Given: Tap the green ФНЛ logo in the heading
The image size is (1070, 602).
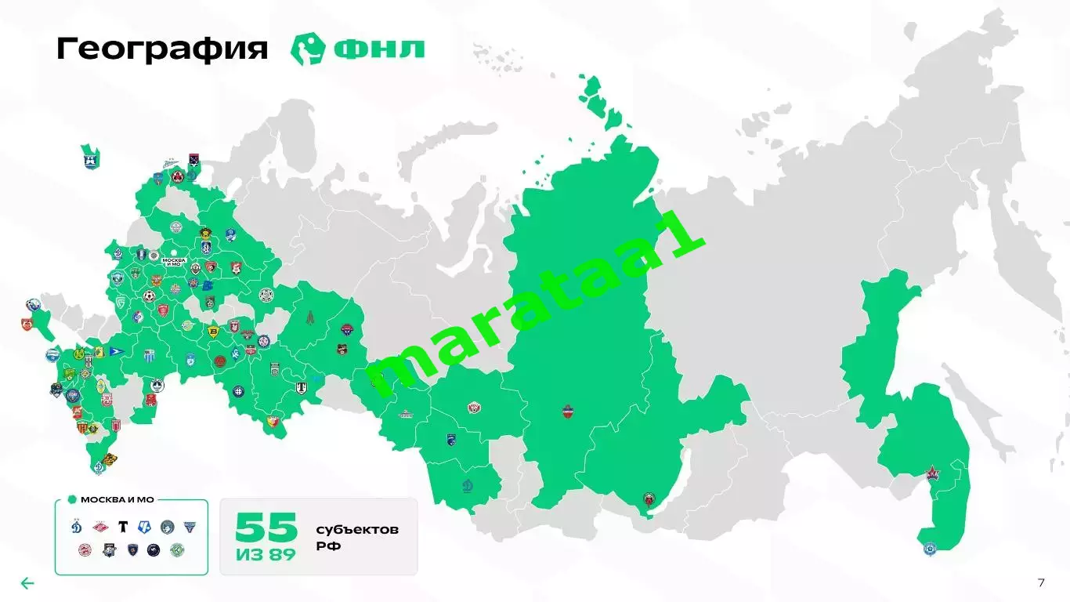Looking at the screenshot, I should (358, 49).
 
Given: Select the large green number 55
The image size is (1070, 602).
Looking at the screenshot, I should (266, 527).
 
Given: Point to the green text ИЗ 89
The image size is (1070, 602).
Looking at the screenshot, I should (266, 555).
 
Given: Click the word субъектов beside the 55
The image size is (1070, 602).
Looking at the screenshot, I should (357, 530).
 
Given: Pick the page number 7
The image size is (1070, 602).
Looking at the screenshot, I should (1041, 582).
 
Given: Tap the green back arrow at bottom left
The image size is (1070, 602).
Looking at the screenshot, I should (27, 583).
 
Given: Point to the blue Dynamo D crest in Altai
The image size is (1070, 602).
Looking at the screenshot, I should (468, 482).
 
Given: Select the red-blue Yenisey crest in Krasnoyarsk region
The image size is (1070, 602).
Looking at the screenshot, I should (568, 410).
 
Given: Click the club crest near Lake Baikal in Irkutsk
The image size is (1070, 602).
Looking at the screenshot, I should (649, 499).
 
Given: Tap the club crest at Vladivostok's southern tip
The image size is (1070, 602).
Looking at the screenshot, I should (930, 549).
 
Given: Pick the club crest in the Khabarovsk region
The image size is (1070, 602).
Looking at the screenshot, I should (932, 474).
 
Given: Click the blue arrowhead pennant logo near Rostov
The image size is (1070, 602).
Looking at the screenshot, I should (116, 352).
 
